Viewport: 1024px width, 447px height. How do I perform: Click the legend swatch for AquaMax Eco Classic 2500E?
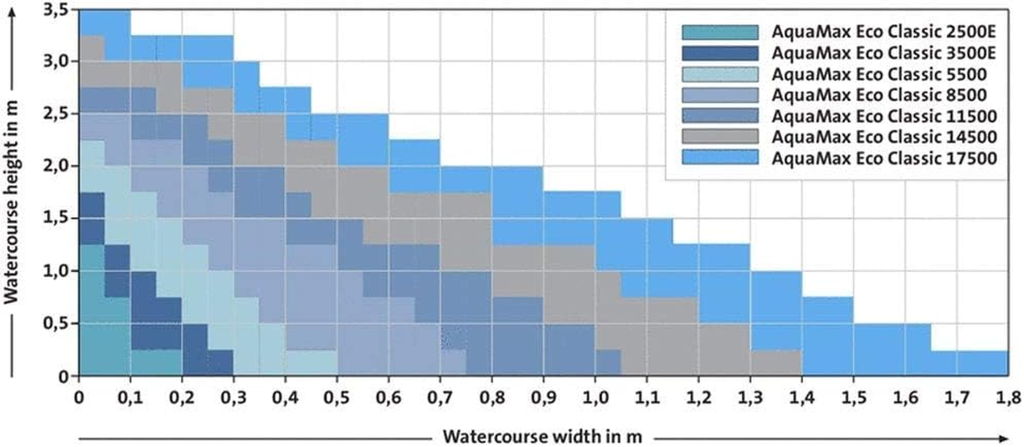(x=720, y=32)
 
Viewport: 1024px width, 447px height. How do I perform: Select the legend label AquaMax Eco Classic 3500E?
(x=884, y=53)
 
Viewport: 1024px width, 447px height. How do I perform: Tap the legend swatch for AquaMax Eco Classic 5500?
(x=720, y=74)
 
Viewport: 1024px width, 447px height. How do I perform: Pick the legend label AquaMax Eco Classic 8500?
(x=879, y=95)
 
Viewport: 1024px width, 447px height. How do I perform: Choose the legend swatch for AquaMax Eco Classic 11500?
(x=720, y=116)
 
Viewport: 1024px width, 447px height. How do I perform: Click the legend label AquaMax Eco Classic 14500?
(x=884, y=137)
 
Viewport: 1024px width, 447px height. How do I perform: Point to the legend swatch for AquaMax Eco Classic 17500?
(x=720, y=158)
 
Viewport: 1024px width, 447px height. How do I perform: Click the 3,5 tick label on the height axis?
(x=56, y=11)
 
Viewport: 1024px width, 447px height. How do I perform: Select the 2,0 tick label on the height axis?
(x=56, y=166)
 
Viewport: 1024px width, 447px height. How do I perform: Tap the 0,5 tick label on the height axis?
(x=56, y=324)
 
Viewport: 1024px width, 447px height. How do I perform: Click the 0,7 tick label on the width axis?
(x=440, y=398)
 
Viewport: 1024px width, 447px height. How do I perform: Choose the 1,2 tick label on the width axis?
(x=698, y=398)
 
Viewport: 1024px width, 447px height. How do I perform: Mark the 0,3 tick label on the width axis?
(x=233, y=398)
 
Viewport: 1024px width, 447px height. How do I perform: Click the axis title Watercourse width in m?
(x=542, y=436)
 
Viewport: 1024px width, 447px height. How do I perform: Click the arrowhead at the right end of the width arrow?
(x=1004, y=439)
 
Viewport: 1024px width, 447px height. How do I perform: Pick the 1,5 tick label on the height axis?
(x=56, y=218)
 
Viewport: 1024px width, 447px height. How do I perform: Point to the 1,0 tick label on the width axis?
(x=595, y=398)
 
